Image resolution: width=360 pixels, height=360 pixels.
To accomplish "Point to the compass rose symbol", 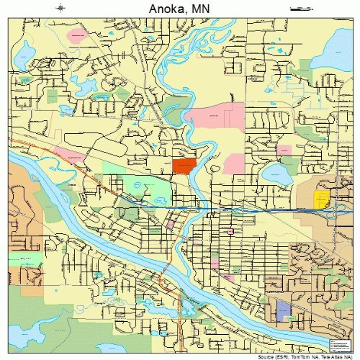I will [60, 9].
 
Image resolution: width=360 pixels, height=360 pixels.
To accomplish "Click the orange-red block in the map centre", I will [184, 166].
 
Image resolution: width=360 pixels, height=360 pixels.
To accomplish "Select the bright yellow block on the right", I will [321, 199].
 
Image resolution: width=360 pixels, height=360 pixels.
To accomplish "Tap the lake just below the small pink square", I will [274, 173].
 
